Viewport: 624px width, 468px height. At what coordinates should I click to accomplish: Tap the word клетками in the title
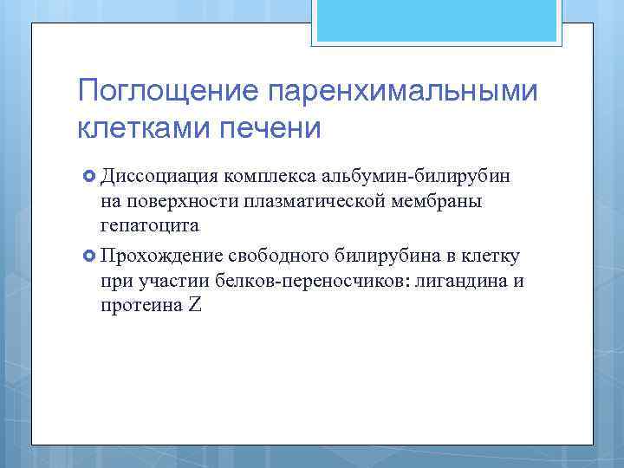click(x=140, y=127)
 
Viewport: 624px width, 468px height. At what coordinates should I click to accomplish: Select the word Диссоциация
click(x=158, y=178)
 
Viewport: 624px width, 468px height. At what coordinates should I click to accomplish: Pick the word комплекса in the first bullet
click(x=269, y=178)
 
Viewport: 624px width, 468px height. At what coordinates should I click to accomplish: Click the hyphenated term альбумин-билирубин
click(x=416, y=178)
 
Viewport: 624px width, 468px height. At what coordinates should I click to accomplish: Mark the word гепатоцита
click(x=150, y=226)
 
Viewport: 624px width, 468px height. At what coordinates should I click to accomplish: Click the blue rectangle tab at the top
click(x=438, y=21)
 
